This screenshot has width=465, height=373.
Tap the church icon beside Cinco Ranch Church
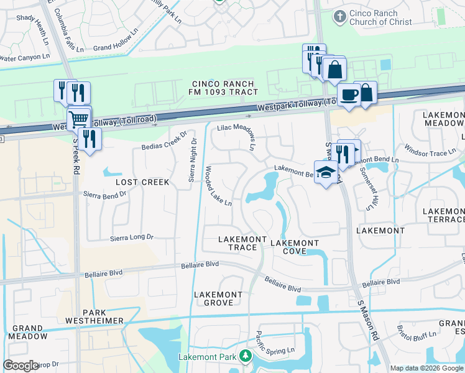click(339, 16)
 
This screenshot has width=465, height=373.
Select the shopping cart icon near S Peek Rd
click(79, 118)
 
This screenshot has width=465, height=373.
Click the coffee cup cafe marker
click(349, 95)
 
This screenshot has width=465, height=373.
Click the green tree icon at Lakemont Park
click(246, 356)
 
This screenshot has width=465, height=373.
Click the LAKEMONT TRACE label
click(237, 243)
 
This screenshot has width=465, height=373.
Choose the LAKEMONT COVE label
click(295, 247)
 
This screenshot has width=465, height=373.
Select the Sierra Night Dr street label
click(193, 160)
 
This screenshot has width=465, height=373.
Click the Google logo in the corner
click(21, 365)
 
